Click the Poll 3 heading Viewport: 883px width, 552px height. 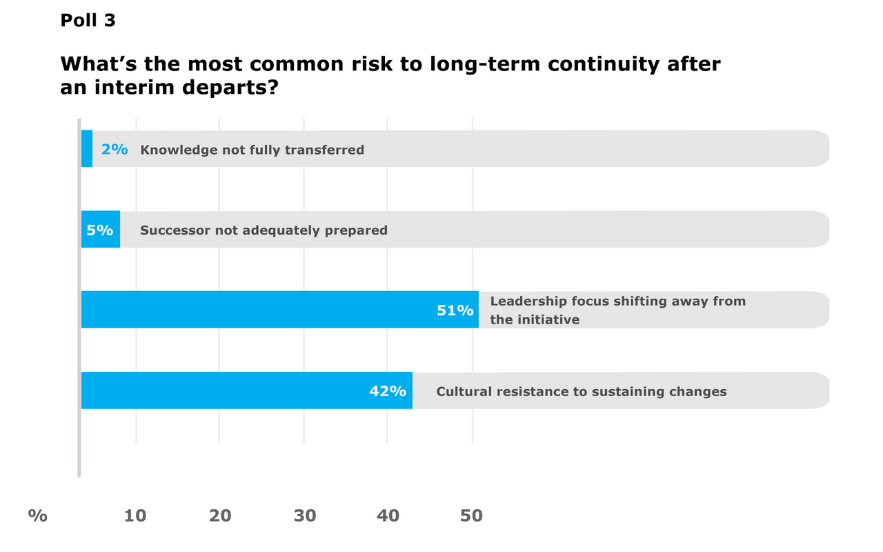pyautogui.click(x=88, y=21)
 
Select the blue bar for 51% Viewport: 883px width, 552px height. pyautogui.click(x=255, y=309)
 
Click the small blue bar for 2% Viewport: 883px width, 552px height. pyautogui.click(x=87, y=148)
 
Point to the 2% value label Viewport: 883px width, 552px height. pyautogui.click(x=115, y=149)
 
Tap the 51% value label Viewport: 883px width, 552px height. pyautogui.click(x=455, y=310)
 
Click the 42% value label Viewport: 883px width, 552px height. pyautogui.click(x=387, y=391)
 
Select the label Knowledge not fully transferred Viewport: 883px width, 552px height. pyautogui.click(x=252, y=150)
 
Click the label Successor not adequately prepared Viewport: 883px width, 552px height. pyautogui.click(x=264, y=230)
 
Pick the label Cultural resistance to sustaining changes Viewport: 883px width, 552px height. pyautogui.click(x=581, y=392)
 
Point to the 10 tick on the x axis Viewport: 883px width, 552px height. pyautogui.click(x=135, y=515)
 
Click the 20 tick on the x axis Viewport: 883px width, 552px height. pyautogui.click(x=220, y=515)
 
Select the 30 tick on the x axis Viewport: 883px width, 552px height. pyautogui.click(x=304, y=515)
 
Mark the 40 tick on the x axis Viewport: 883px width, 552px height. pyautogui.click(x=388, y=515)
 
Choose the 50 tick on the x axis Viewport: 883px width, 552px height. pyautogui.click(x=472, y=515)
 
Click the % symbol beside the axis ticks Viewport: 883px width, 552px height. pyautogui.click(x=38, y=515)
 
